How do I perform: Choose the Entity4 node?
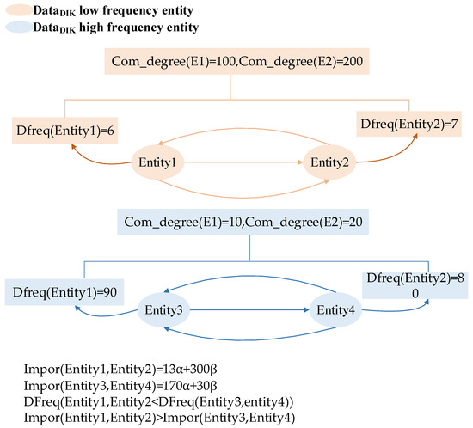[x=333, y=309]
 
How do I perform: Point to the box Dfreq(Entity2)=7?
[x=408, y=125]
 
